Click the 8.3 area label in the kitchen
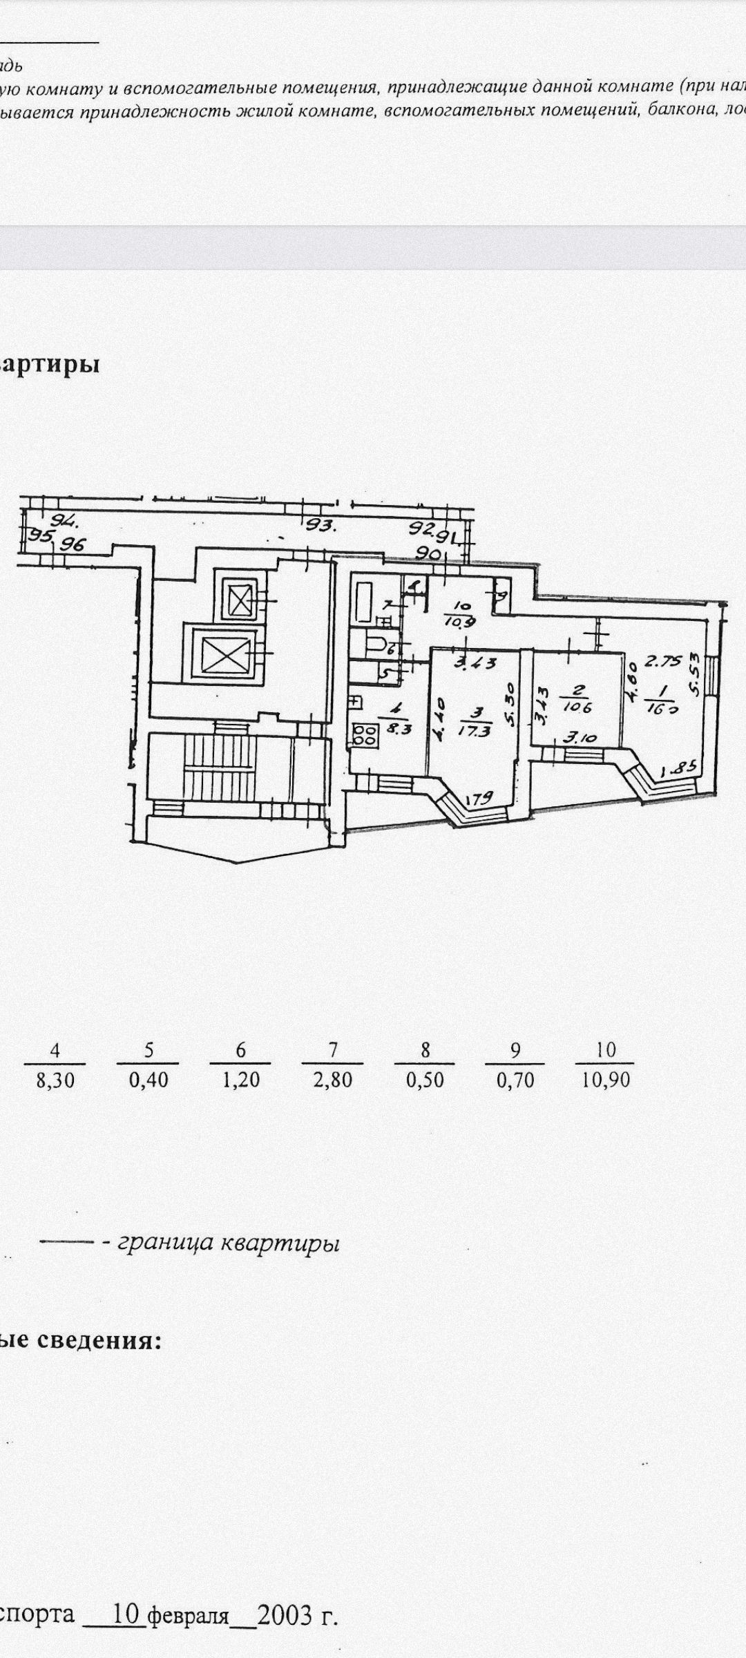pos(399,727)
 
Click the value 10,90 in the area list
pos(606,1080)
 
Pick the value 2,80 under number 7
pos(333,1080)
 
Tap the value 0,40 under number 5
pos(149,1080)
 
